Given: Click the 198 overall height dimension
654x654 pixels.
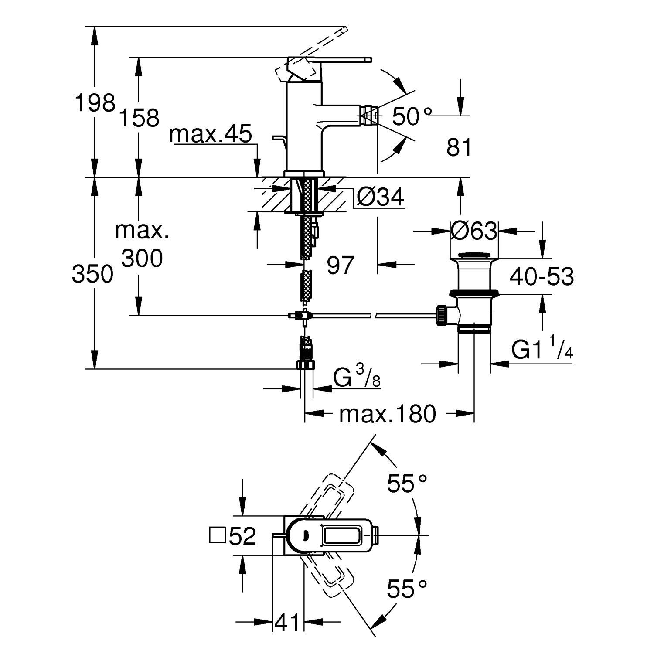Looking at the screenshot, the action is [x=95, y=103].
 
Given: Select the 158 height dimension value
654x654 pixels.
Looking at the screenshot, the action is [x=140, y=118].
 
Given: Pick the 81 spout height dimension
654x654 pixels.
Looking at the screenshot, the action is [x=459, y=148].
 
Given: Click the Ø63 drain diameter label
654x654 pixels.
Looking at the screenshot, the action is [x=474, y=231].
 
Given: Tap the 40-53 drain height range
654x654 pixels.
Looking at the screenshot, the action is [x=542, y=276].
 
